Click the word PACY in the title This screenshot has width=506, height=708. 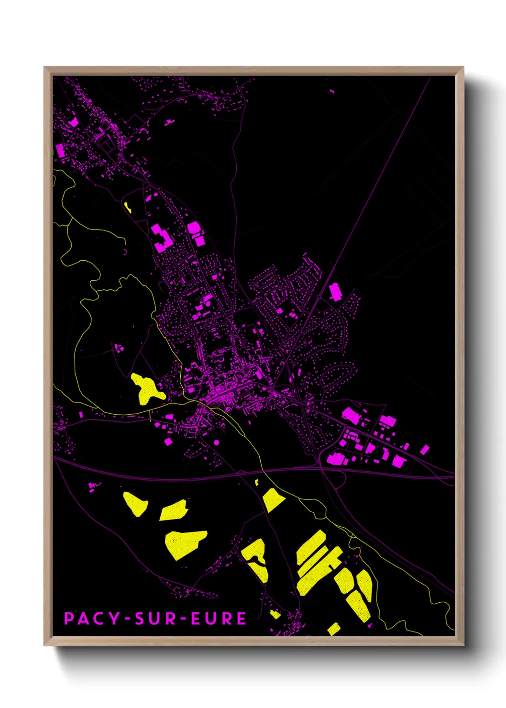[92, 619]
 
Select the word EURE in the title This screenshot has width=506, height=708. [219, 619]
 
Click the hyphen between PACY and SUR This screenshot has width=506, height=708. [127, 619]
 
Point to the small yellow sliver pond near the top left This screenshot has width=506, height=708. [128, 207]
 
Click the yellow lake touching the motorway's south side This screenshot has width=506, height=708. [273, 499]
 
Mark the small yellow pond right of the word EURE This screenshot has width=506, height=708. [275, 614]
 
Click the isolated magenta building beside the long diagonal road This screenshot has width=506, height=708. [335, 291]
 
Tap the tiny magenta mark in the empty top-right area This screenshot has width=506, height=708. [332, 91]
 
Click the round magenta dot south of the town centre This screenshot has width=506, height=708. [217, 442]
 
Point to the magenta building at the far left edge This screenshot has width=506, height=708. [60, 151]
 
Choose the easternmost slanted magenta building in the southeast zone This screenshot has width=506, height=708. [424, 450]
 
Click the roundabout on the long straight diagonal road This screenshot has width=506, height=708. [319, 297]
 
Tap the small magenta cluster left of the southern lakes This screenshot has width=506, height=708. [94, 487]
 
